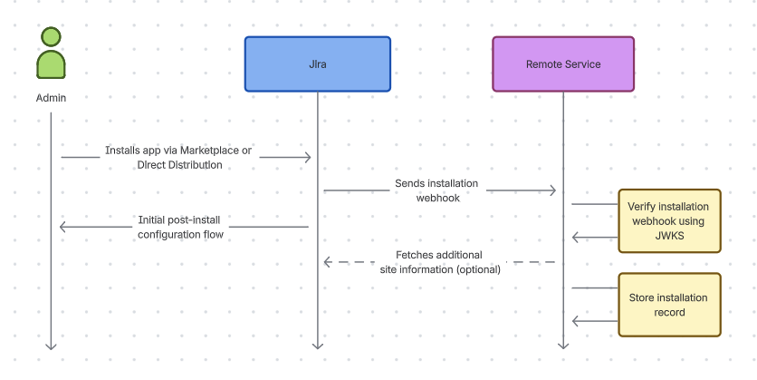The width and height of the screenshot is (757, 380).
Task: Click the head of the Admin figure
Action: click(x=51, y=37)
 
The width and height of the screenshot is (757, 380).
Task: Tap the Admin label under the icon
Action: click(x=51, y=98)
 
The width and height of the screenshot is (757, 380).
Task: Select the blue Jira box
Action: click(x=317, y=64)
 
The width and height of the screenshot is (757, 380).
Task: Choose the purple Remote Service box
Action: click(x=562, y=64)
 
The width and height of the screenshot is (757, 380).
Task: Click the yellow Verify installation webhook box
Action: click(x=669, y=220)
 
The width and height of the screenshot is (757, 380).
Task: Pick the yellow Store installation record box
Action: click(x=669, y=305)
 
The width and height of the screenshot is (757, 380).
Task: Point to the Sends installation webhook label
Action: click(x=436, y=190)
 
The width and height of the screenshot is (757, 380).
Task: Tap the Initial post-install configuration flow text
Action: click(x=180, y=227)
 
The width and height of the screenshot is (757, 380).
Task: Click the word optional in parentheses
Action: click(x=479, y=269)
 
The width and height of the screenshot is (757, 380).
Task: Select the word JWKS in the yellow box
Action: click(x=668, y=236)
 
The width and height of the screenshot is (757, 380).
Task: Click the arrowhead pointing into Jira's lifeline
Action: click(x=308, y=158)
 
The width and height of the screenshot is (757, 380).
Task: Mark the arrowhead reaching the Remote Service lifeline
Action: click(x=552, y=190)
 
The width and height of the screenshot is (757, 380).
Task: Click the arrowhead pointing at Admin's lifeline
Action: click(x=63, y=227)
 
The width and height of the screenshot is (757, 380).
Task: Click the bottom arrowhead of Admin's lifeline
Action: click(x=51, y=345)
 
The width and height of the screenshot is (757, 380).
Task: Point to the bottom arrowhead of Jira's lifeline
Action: click(x=317, y=345)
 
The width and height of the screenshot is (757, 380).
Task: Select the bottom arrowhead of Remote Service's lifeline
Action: click(x=562, y=345)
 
